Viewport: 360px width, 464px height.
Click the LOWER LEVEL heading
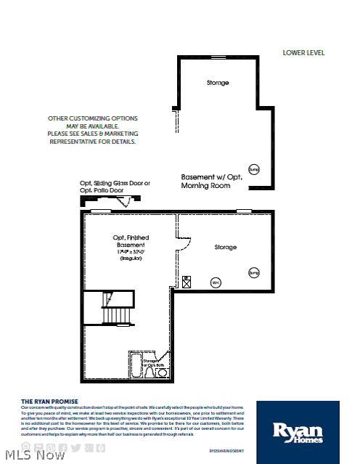[x=303, y=52]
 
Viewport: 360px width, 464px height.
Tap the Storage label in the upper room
[x=217, y=83]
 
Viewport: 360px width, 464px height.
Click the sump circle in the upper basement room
[x=253, y=169]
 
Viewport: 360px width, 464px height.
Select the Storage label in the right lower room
[x=225, y=248]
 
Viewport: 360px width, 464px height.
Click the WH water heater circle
[x=215, y=282]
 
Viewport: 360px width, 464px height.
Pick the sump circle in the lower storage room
[x=254, y=273]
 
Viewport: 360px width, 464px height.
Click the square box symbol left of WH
[x=187, y=281]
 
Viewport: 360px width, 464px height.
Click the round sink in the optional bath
[x=163, y=373]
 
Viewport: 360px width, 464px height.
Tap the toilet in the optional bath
[x=150, y=373]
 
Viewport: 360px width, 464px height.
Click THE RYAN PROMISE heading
[x=49, y=401]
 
